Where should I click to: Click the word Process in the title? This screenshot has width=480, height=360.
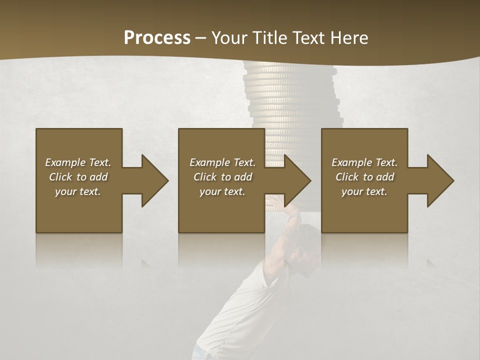coord(157,37)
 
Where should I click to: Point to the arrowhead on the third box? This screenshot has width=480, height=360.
coord(439,180)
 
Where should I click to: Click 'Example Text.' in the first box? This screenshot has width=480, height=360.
coord(78,162)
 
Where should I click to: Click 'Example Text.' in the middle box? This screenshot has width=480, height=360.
coord(222,162)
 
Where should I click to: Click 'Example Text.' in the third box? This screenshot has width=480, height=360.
coord(364,162)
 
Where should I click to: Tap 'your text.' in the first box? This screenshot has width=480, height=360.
coord(78,191)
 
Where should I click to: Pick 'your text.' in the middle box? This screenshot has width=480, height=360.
coord(222,191)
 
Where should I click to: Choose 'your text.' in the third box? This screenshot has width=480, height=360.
coord(364,191)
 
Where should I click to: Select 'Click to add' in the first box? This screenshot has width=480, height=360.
coord(78,177)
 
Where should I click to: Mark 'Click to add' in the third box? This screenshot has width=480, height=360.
coord(364,177)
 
